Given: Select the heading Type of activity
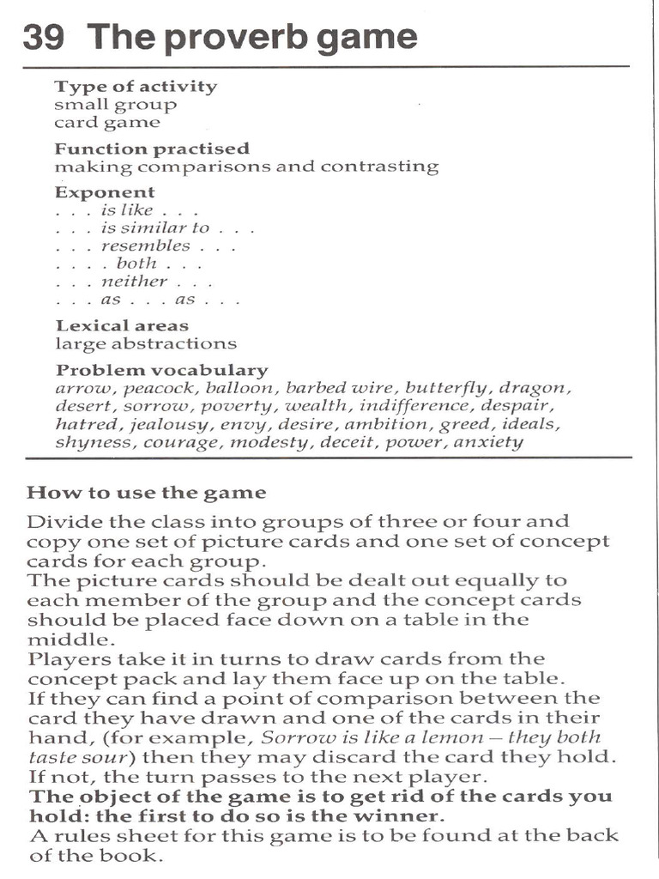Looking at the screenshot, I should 136,87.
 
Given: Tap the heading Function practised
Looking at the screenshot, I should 152,149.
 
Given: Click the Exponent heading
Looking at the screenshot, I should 105,192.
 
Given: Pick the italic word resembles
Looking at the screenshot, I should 145,246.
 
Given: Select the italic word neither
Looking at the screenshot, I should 134,282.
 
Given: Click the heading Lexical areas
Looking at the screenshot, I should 122,325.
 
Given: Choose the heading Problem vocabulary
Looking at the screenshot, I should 161,370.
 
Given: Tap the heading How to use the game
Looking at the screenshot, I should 146,493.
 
